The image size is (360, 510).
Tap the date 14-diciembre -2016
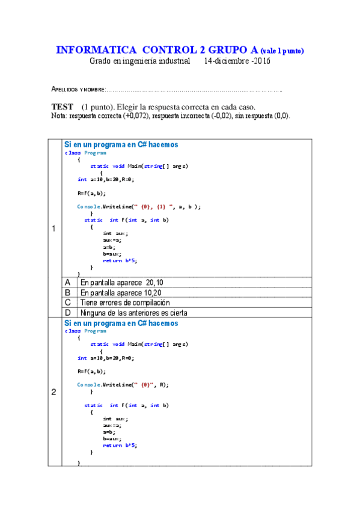(x=237, y=61)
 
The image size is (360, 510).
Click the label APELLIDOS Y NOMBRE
(x=79, y=90)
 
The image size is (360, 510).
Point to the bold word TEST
(x=63, y=106)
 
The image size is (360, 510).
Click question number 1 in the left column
(x=54, y=229)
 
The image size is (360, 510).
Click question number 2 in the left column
(x=54, y=393)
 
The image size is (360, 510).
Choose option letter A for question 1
(x=68, y=282)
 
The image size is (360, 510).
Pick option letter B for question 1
(x=68, y=292)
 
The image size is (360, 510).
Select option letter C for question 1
(x=68, y=303)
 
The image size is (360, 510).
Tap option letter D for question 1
(x=68, y=313)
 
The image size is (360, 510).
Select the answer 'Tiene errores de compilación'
(x=125, y=303)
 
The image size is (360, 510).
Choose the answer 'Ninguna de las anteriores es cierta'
(x=133, y=313)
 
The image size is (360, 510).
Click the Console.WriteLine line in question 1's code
(x=139, y=206)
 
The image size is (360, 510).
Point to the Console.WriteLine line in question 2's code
(x=123, y=384)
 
